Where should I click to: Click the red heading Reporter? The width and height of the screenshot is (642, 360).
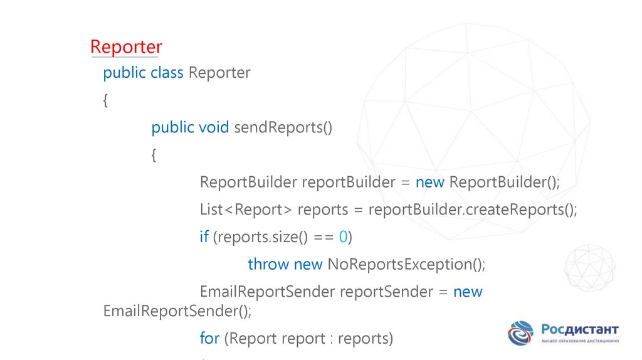(x=126, y=47)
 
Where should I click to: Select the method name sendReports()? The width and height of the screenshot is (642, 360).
(x=283, y=128)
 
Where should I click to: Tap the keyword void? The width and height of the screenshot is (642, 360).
(x=214, y=128)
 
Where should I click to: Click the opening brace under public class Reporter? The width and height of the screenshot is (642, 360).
(x=105, y=101)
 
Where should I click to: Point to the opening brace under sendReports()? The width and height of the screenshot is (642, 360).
(x=154, y=156)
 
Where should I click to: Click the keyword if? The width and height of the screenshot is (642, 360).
(x=204, y=237)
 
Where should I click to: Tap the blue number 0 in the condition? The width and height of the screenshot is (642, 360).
(x=343, y=237)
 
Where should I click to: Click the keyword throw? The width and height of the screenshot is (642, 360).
(x=268, y=264)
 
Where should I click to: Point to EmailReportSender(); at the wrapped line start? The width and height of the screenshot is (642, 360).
(x=177, y=311)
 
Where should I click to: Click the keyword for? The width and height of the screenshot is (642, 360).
(x=209, y=339)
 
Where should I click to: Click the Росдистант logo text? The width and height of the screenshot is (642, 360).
(x=579, y=329)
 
